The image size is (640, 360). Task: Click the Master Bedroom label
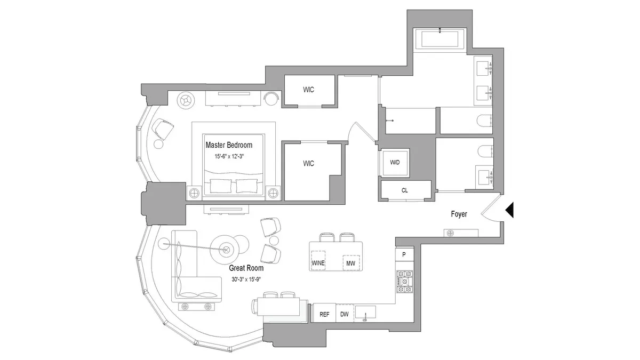tap(229, 145)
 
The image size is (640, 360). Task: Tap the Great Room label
tap(246, 268)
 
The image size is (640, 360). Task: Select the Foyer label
tap(459, 214)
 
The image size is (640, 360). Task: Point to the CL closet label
tap(405, 190)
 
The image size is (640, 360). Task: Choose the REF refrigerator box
tap(324, 314)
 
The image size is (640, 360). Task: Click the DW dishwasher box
tap(344, 314)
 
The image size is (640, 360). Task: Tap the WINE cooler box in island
tap(318, 263)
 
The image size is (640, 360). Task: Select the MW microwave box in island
tap(350, 263)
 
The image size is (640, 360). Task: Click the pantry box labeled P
tap(404, 255)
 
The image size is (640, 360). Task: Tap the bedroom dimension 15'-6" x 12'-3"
tap(229, 156)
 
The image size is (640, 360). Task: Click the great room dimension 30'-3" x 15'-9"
tap(246, 279)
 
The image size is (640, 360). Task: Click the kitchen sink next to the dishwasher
tap(365, 311)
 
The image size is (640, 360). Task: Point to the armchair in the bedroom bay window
tap(163, 128)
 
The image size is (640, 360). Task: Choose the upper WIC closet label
tap(308, 90)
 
